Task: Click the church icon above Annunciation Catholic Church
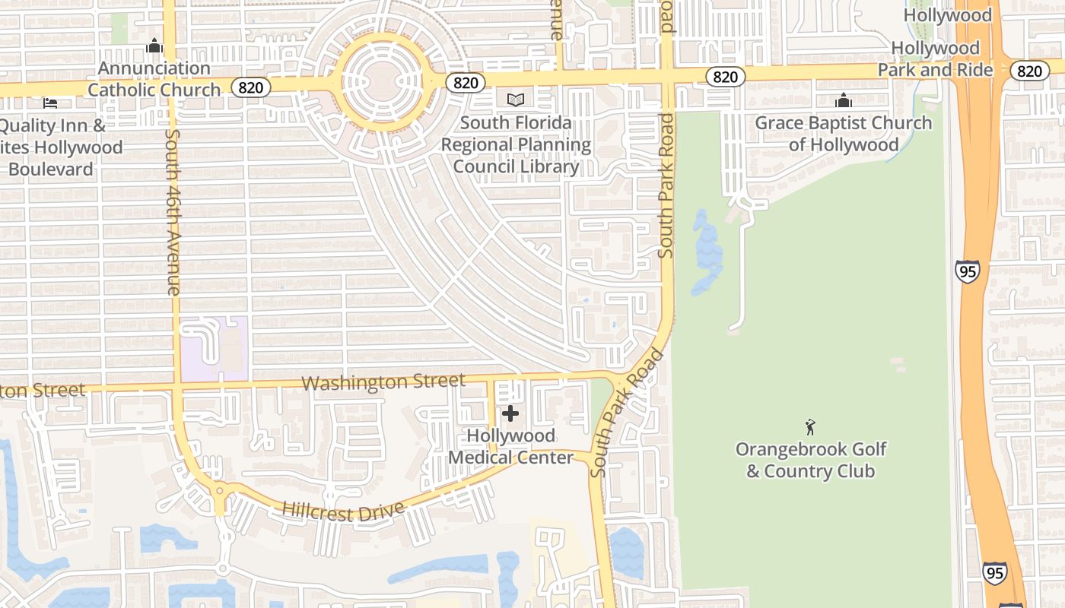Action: [x=154, y=46]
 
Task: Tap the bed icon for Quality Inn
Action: [x=50, y=103]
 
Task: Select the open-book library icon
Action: [x=516, y=100]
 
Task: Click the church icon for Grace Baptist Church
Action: [x=844, y=100]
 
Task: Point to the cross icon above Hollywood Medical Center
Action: [x=510, y=413]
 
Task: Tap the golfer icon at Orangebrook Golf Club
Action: [x=810, y=426]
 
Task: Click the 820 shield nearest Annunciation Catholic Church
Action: [x=250, y=87]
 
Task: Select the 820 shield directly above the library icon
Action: [x=465, y=83]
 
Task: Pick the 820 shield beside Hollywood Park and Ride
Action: [x=1028, y=71]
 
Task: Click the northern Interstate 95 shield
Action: [x=968, y=271]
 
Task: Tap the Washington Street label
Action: [x=383, y=382]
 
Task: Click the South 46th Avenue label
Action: [x=173, y=212]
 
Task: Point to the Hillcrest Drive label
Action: [x=342, y=511]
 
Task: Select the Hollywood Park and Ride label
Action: [x=936, y=59]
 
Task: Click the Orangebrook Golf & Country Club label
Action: [x=810, y=460]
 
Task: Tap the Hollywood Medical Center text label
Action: [x=510, y=446]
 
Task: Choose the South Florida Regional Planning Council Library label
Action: [x=516, y=144]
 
